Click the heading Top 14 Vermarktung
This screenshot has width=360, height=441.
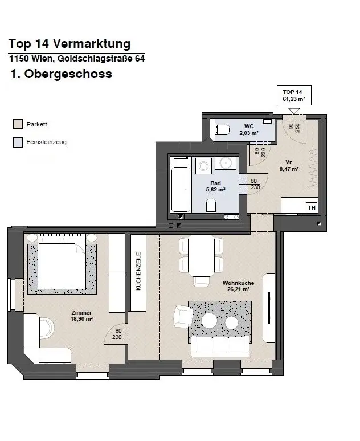(x=69, y=44)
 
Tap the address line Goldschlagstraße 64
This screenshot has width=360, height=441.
(x=72, y=59)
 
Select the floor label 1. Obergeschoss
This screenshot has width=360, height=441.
(x=61, y=74)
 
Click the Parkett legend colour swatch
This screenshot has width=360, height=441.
(x=18, y=124)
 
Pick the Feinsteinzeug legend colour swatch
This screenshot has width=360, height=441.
(x=18, y=142)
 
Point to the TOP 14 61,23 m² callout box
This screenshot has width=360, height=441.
(x=293, y=95)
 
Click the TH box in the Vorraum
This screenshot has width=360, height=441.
(x=311, y=207)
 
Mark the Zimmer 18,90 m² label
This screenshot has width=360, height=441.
(x=82, y=316)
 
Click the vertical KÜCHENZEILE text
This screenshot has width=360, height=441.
(x=138, y=272)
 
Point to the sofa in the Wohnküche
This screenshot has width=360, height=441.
(x=220, y=345)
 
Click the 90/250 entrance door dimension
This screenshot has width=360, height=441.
(x=294, y=128)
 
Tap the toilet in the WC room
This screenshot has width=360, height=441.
(x=222, y=129)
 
